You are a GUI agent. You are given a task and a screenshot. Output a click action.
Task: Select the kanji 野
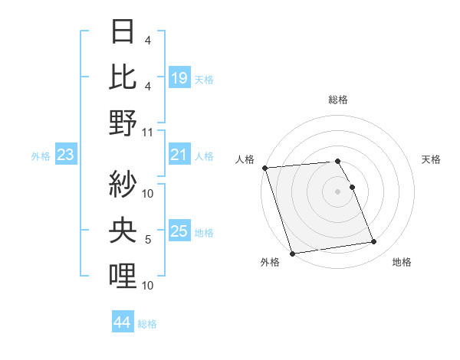point(123,123)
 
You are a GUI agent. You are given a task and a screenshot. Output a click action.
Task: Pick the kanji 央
point(123,227)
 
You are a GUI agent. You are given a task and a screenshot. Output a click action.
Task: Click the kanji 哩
point(123,273)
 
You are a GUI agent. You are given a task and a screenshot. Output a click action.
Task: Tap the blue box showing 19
point(179,78)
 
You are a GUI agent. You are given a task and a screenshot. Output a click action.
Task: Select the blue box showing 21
point(179,155)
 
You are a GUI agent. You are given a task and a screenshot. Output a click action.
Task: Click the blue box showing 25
point(179,232)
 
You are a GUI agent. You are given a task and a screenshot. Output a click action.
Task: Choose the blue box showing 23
point(65,155)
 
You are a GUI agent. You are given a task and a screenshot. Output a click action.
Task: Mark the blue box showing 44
point(122,323)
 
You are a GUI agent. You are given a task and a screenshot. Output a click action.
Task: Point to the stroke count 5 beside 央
point(148,240)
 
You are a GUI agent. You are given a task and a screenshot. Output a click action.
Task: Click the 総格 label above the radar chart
point(338,100)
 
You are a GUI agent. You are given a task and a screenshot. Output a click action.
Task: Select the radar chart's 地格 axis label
point(402,263)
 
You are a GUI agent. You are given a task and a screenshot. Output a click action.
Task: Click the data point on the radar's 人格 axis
point(264,168)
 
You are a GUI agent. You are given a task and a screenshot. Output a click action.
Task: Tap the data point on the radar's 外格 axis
point(292,254)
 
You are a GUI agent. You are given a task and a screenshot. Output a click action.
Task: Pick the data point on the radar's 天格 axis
point(352,187)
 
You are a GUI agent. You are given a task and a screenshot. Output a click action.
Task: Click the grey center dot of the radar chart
point(337,191)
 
